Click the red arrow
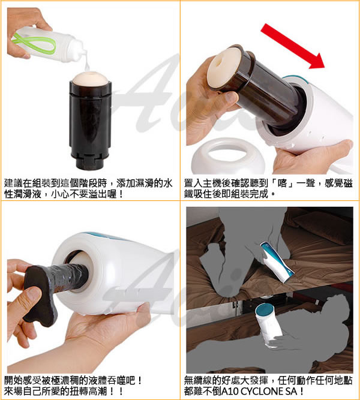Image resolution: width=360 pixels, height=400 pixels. [x=293, y=46]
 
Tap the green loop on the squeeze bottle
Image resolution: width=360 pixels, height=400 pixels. [x=34, y=43]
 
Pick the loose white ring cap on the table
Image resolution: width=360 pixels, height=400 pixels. [x=224, y=155]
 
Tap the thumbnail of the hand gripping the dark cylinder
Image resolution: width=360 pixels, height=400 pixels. [x=232, y=98]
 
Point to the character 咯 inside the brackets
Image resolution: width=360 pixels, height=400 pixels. [x=282, y=183]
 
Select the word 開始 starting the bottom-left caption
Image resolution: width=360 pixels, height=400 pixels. [x=14, y=380]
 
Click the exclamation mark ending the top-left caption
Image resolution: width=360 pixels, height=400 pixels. [x=121, y=194]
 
